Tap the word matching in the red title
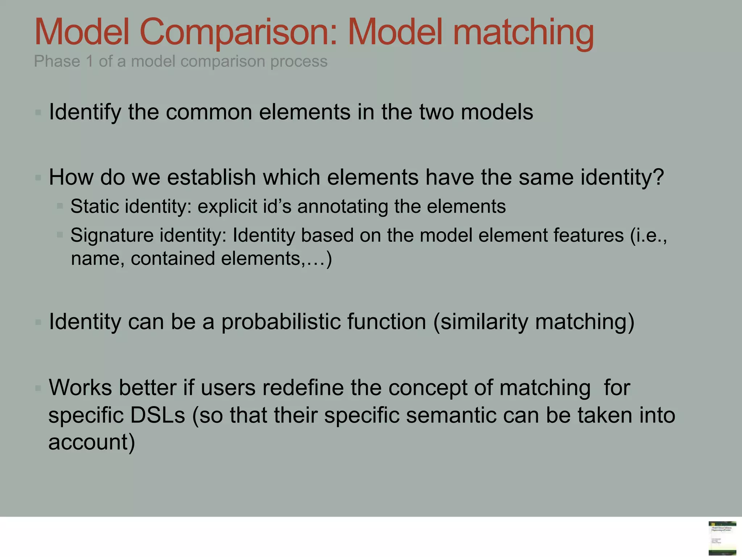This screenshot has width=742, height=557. [523, 33]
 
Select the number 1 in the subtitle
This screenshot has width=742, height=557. [89, 61]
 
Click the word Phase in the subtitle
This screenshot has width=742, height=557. [57, 61]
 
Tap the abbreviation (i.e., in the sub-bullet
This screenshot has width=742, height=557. [649, 235]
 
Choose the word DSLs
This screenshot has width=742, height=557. [158, 415]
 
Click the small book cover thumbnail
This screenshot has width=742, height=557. [722, 538]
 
